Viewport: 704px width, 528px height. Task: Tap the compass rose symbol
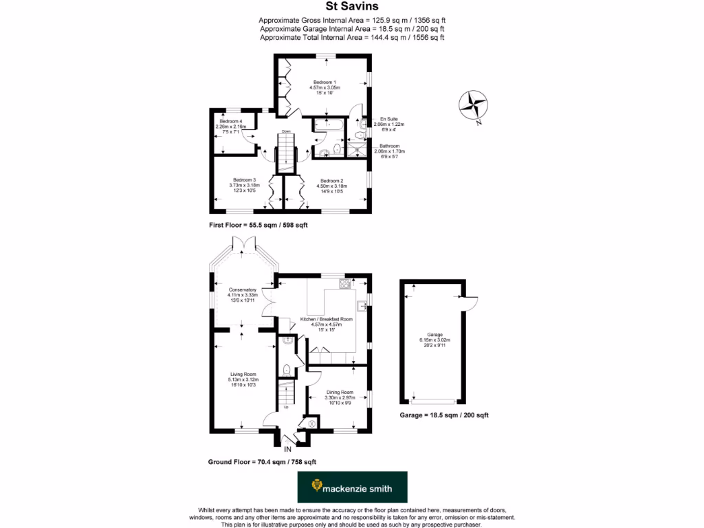tap(473, 105)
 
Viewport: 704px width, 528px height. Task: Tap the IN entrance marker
tap(287, 450)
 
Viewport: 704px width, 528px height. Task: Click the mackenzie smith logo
tap(352, 487)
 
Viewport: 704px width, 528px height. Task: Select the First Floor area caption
tap(258, 225)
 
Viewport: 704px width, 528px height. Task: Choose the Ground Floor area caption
tap(262, 462)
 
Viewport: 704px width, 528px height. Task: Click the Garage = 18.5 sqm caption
tap(443, 415)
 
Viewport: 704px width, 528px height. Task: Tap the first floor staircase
tap(285, 153)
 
